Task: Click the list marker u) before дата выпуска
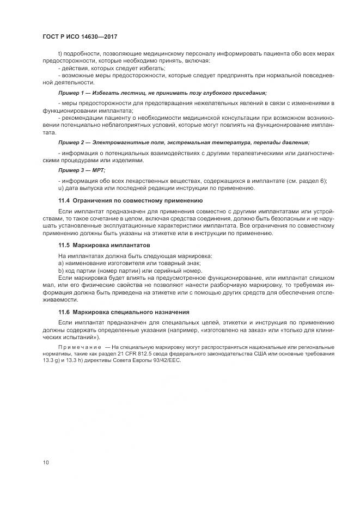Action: [x=60, y=188]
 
